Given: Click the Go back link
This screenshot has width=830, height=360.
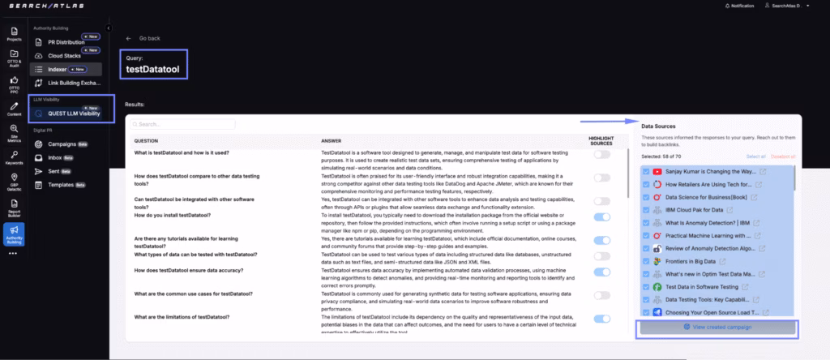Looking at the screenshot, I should point(148,38).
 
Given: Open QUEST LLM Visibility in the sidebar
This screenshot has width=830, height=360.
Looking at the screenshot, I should point(74,114).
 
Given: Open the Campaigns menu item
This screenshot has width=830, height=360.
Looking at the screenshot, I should point(67,144).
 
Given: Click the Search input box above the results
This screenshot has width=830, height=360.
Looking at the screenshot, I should point(185,125).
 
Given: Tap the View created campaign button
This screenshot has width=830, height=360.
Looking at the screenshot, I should point(717,328).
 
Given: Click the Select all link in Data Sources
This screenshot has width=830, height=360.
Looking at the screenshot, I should point(755,156).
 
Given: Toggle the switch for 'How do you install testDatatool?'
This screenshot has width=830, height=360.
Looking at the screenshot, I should point(601,216).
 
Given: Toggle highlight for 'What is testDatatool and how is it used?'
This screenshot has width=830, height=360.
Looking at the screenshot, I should point(601,154).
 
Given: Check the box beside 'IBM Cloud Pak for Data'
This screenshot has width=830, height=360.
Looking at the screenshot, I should point(645,209).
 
